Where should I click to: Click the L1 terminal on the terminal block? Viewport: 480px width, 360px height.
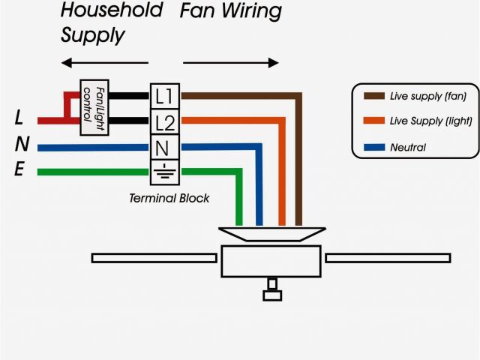(164, 96)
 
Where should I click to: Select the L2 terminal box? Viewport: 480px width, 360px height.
(164, 121)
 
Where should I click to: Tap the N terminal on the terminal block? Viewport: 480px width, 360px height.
(164, 146)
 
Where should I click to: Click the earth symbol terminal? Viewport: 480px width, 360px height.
(164, 171)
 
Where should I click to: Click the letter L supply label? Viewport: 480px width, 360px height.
(19, 118)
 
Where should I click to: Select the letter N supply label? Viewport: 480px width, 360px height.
(21, 145)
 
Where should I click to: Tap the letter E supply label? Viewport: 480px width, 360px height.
(19, 170)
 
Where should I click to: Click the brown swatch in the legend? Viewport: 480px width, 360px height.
(373, 96)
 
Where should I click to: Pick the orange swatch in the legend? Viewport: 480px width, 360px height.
(373, 121)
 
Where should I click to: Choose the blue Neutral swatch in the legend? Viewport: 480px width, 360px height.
(373, 147)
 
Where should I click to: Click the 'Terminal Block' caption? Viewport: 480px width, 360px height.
(169, 199)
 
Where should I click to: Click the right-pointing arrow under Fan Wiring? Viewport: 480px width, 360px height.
(230, 62)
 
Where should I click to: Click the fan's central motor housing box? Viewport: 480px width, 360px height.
(272, 260)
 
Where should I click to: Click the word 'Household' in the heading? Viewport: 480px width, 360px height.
(111, 11)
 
